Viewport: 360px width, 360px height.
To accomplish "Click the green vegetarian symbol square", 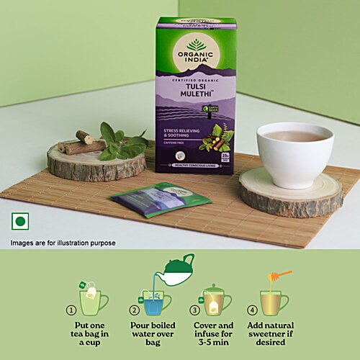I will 19,221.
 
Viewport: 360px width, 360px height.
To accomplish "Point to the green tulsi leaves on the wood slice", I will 119,143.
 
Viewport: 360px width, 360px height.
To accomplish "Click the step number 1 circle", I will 71,310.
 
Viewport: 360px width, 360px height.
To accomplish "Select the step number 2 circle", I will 134,310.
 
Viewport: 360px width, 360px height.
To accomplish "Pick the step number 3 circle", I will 194,310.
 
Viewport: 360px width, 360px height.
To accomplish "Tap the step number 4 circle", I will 252,310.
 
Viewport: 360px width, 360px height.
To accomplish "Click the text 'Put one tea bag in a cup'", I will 94,335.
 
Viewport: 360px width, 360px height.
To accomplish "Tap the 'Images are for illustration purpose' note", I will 63,243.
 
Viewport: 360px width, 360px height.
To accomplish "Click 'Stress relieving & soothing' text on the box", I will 188,132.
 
